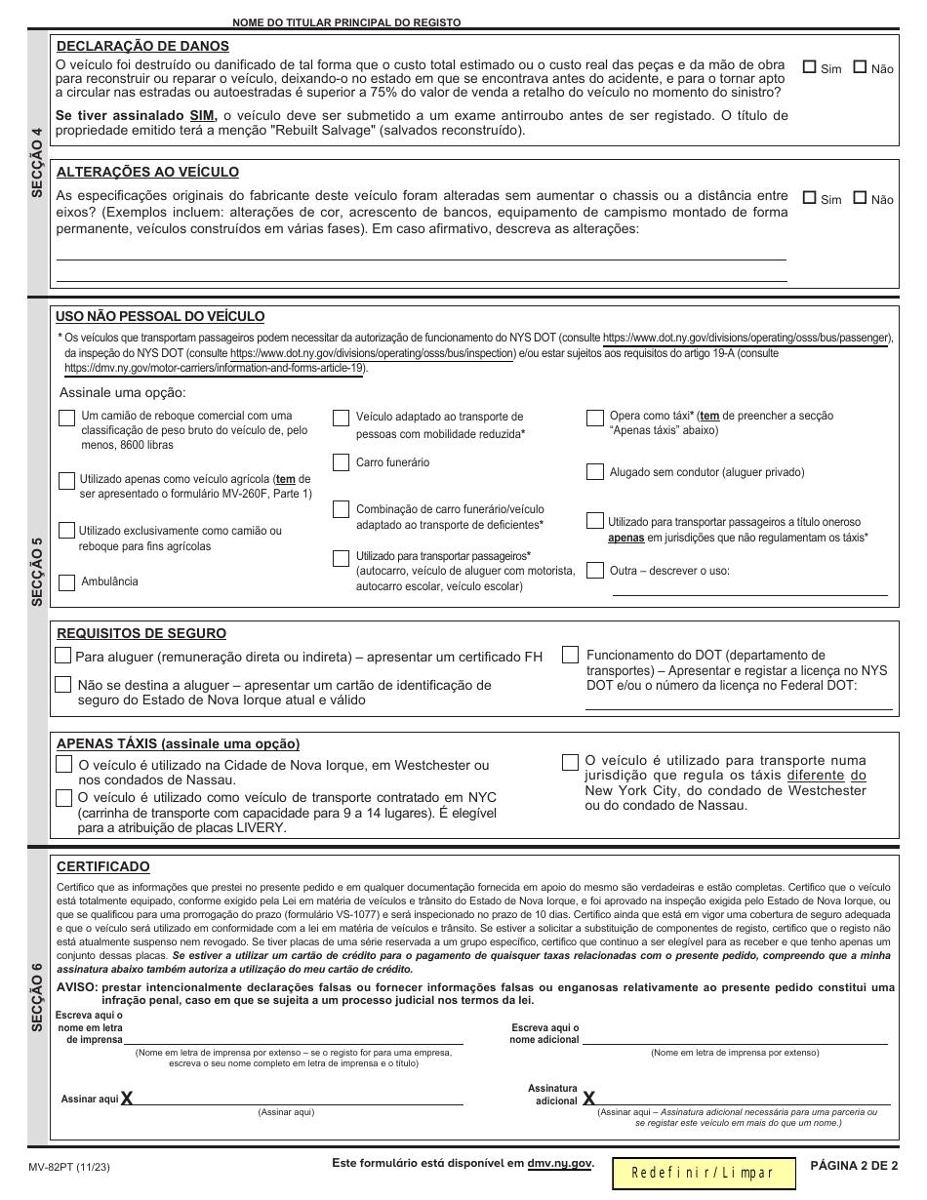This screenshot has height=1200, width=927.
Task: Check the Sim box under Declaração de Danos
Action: pos(809,68)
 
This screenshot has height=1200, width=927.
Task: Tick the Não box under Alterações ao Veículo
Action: pos(860,198)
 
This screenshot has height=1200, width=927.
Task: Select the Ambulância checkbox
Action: pos(66,582)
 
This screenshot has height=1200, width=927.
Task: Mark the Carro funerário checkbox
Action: pos(341,462)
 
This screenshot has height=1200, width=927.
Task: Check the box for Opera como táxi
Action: pos(594,419)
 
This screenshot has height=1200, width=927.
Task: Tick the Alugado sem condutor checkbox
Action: pos(594,472)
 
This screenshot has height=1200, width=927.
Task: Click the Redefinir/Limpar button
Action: pos(703,1173)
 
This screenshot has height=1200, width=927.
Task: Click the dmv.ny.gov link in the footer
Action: pos(559,1164)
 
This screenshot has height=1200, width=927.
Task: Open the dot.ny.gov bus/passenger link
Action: pos(746,337)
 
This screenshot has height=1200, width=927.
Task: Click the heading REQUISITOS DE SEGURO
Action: pos(141,633)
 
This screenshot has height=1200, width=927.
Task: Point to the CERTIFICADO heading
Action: pos(103,866)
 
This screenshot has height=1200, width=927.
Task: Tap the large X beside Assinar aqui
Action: pos(127,1100)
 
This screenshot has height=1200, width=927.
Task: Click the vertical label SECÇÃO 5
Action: pos(37,571)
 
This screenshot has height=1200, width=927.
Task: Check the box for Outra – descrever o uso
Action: pos(594,571)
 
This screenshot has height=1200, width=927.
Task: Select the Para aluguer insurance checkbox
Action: pos(63,656)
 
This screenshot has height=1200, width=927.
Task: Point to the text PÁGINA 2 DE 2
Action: pos(853,1165)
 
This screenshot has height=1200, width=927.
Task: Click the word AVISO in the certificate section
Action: pos(77,987)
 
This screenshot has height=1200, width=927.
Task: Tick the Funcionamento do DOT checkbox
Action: pos(570,656)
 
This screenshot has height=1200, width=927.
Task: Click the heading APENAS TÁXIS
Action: pos(179,742)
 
